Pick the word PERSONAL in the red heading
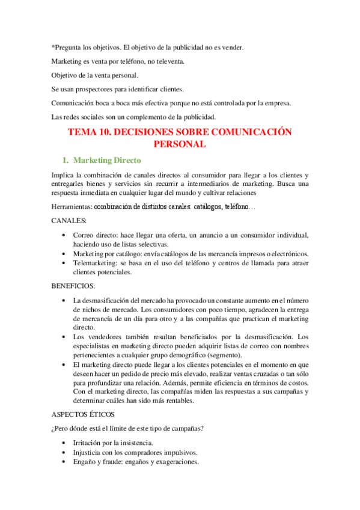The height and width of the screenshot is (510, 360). (180, 144)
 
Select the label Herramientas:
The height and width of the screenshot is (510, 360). (72, 207)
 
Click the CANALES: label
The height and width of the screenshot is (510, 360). (69, 221)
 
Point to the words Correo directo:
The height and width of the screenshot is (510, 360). (96, 235)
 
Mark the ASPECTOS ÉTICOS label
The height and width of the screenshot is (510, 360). (82, 415)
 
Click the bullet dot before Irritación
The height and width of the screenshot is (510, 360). (64, 443)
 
